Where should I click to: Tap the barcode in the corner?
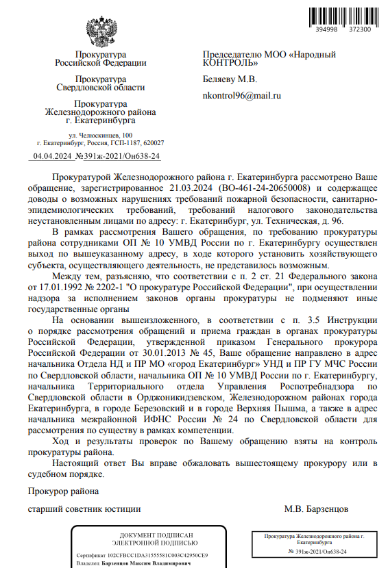point(343,15)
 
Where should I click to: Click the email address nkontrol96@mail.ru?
point(242,96)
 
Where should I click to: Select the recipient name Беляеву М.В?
point(230,79)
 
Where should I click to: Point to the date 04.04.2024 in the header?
point(53,157)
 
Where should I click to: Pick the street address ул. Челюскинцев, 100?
point(101,136)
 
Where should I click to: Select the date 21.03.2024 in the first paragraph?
point(189,187)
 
